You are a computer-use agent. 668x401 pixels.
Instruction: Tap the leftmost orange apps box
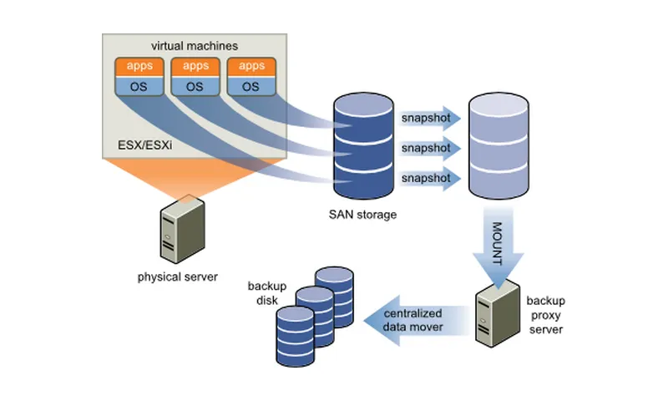click(x=139, y=66)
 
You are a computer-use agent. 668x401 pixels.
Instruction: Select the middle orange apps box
click(x=195, y=66)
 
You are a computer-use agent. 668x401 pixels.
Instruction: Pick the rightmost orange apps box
click(x=250, y=66)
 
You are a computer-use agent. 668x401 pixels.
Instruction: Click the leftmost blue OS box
click(x=139, y=85)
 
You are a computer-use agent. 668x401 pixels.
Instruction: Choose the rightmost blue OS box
click(x=250, y=85)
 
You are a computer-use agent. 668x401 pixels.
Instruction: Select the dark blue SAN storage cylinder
click(x=362, y=146)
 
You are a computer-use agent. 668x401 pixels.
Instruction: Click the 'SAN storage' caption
click(x=362, y=215)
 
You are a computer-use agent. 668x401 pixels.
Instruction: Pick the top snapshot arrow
click(x=430, y=118)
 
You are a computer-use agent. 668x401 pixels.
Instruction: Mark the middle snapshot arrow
click(x=430, y=148)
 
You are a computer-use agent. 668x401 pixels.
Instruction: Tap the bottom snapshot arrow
click(x=430, y=178)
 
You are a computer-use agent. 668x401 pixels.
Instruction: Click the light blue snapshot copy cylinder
click(x=498, y=146)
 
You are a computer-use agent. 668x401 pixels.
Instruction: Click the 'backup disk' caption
click(x=267, y=292)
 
